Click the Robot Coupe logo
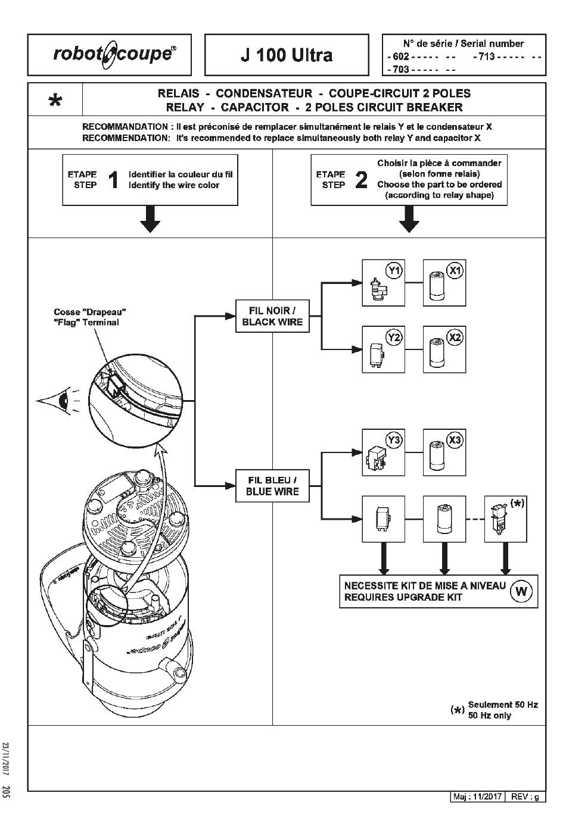click(114, 54)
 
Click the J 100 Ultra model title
click(287, 55)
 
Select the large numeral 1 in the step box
click(113, 180)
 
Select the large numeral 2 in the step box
click(361, 180)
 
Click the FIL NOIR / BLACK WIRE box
click(273, 316)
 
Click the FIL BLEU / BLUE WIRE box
click(273, 486)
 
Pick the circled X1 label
click(455, 271)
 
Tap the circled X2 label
click(455, 338)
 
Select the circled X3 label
click(455, 441)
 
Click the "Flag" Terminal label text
click(86, 323)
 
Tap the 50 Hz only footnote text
click(490, 716)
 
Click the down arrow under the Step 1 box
click(150, 220)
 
